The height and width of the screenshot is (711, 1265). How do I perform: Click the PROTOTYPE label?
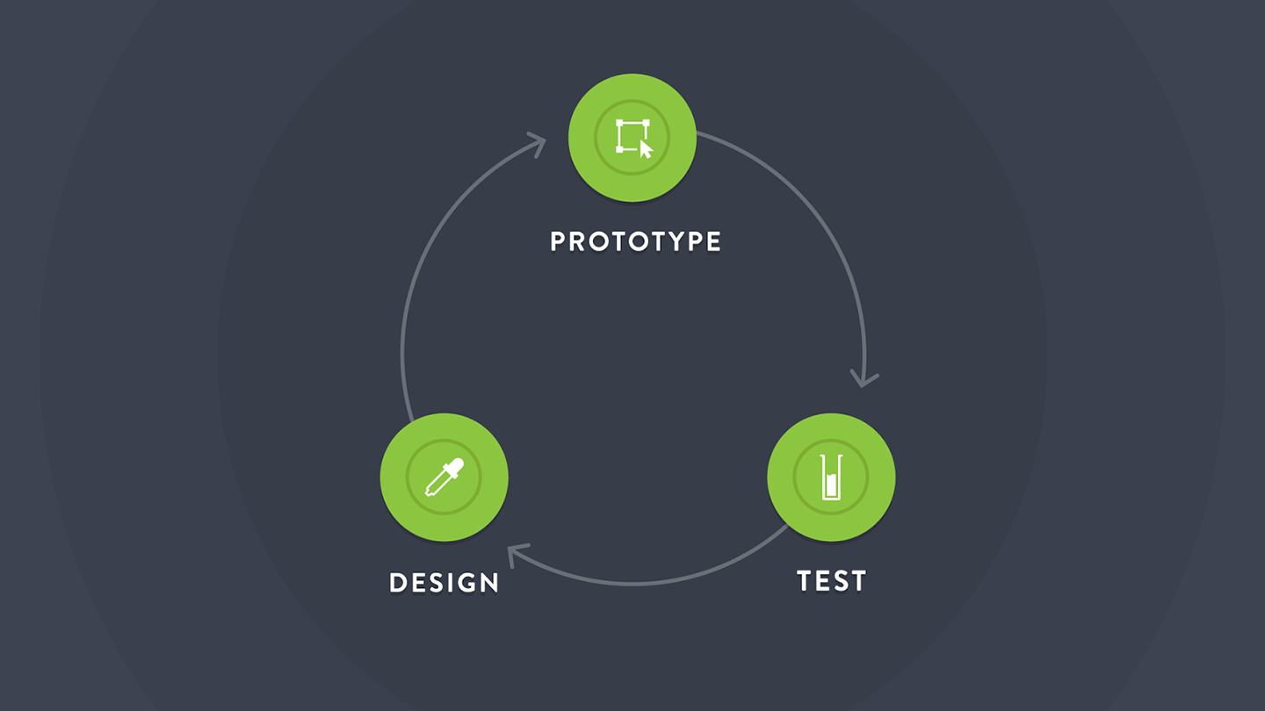(x=635, y=241)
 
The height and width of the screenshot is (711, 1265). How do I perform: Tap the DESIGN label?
(x=445, y=583)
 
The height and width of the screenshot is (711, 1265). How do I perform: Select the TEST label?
(x=831, y=581)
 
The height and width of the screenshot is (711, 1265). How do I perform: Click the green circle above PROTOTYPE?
(x=632, y=138)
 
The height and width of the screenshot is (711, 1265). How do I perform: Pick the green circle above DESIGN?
(x=444, y=478)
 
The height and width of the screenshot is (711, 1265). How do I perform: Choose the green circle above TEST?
(x=831, y=478)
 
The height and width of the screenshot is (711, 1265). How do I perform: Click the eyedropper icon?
(x=445, y=478)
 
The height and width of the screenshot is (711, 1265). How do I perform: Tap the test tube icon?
(x=831, y=478)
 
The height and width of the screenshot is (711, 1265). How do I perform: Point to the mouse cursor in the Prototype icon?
(x=646, y=149)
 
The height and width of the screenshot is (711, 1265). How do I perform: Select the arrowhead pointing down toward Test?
(x=864, y=379)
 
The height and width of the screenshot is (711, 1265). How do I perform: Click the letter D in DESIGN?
(x=398, y=583)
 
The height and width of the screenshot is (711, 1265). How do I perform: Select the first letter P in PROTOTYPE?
(x=559, y=241)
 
